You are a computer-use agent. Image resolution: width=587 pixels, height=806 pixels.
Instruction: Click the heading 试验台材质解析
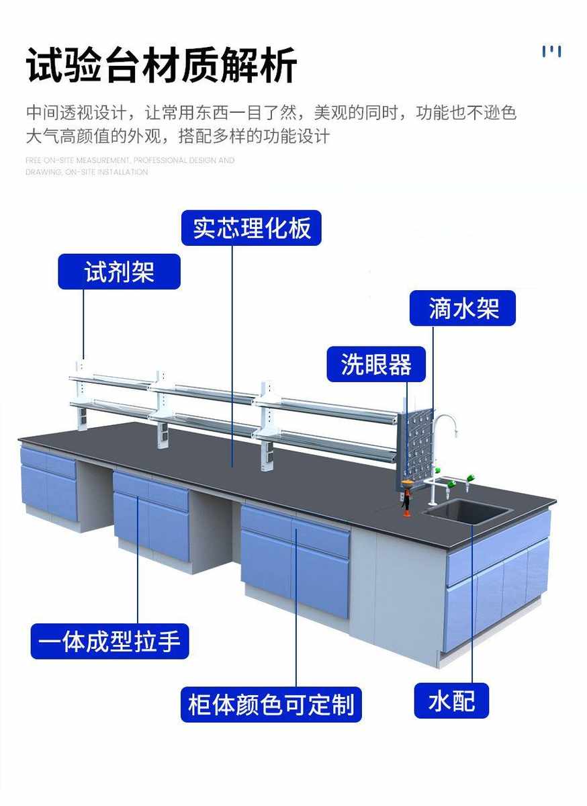(x=161, y=65)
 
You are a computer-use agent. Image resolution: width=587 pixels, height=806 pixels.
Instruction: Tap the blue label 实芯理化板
(x=251, y=228)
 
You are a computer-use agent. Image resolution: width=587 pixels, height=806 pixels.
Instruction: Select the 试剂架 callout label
(x=119, y=271)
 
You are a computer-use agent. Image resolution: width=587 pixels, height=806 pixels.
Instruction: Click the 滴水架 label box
(x=463, y=308)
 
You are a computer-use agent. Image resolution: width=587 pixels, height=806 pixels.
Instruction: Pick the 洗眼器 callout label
(x=375, y=364)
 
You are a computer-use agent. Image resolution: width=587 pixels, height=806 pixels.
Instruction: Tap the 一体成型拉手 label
(x=109, y=641)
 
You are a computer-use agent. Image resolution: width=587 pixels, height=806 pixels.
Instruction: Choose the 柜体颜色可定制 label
(x=271, y=704)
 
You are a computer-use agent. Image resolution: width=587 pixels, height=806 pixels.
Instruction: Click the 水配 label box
(x=451, y=701)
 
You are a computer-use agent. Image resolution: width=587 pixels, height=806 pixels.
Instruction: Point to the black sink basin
(x=467, y=512)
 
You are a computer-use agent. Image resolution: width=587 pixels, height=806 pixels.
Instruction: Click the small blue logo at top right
(x=551, y=51)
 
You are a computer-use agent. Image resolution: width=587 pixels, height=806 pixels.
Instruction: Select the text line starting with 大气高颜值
(x=177, y=136)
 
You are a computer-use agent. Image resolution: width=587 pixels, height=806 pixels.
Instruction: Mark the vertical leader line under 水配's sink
(x=471, y=604)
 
